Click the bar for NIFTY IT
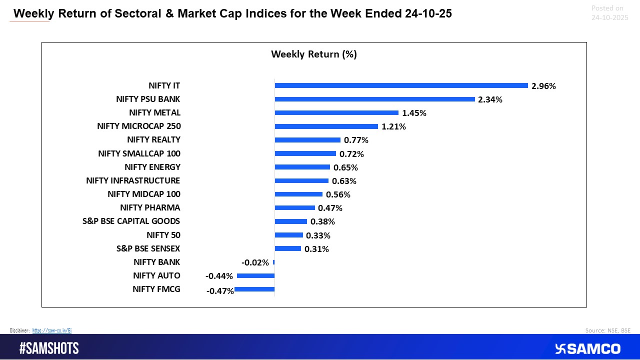401,85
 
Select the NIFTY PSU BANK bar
374,99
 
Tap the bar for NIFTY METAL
336,112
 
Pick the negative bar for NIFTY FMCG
254,289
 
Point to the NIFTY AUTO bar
255,275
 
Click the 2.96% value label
543,86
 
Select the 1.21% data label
393,126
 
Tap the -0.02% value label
255,262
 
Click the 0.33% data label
318,235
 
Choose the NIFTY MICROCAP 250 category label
138,126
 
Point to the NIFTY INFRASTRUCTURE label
133,180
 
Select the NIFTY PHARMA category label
150,207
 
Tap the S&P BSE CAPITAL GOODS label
131,221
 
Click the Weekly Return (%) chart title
313,54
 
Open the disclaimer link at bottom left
52,330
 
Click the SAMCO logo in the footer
587,348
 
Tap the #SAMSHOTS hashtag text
49,348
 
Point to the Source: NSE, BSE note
607,330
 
